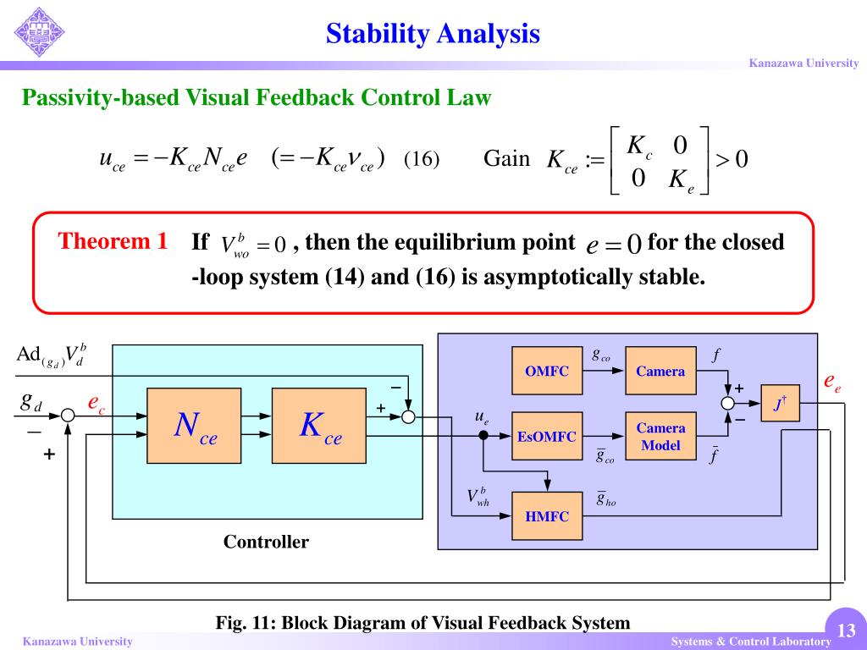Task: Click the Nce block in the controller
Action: tap(196, 426)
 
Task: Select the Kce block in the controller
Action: tap(320, 426)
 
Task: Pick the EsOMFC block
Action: tap(547, 436)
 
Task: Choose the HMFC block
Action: tap(547, 515)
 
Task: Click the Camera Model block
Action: tap(660, 436)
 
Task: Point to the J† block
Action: tap(780, 404)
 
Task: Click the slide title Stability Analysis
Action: tap(433, 33)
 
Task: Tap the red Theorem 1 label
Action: tap(113, 241)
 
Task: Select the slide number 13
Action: tap(845, 631)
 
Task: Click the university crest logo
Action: tap(39, 32)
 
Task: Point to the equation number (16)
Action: tap(422, 159)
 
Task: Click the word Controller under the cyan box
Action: tap(266, 542)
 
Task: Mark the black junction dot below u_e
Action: tap(483, 435)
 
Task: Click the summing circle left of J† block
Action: tap(728, 404)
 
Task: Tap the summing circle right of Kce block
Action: tap(408, 416)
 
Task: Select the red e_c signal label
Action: tap(96, 404)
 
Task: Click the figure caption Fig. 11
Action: tap(422, 623)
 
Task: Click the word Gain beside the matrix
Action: tap(506, 158)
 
